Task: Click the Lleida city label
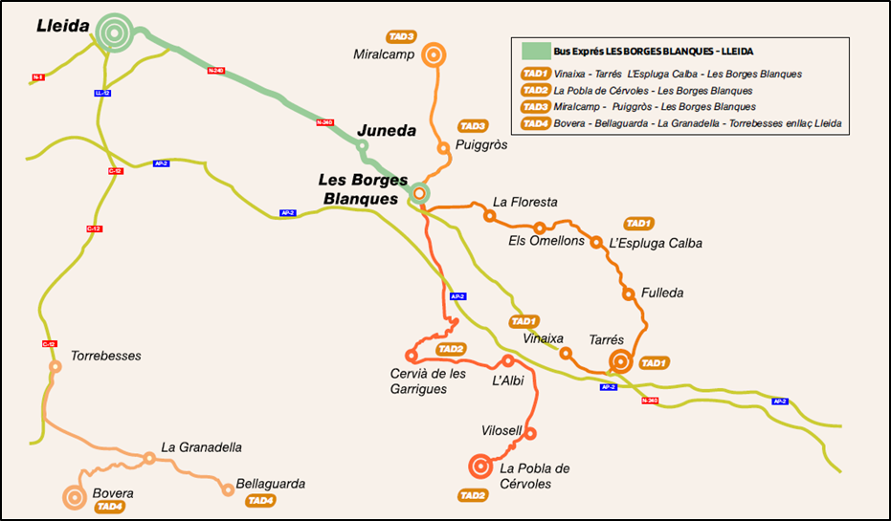[63, 27]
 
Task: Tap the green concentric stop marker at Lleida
[114, 33]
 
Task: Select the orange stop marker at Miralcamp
[434, 55]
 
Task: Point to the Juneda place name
[387, 131]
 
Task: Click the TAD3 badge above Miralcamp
[401, 36]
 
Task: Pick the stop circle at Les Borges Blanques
[419, 193]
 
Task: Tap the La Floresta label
[524, 202]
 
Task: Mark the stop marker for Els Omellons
[540, 228]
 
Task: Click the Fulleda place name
[662, 293]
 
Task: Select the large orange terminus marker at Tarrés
[620, 361]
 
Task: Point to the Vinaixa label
[544, 338]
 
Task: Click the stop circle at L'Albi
[508, 360]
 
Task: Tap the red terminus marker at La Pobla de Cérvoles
[480, 467]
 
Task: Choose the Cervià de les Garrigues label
[428, 380]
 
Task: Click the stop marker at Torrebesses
[55, 366]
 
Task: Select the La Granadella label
[201, 446]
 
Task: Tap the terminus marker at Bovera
[74, 497]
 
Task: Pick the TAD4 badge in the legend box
[534, 123]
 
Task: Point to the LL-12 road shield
[102, 93]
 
